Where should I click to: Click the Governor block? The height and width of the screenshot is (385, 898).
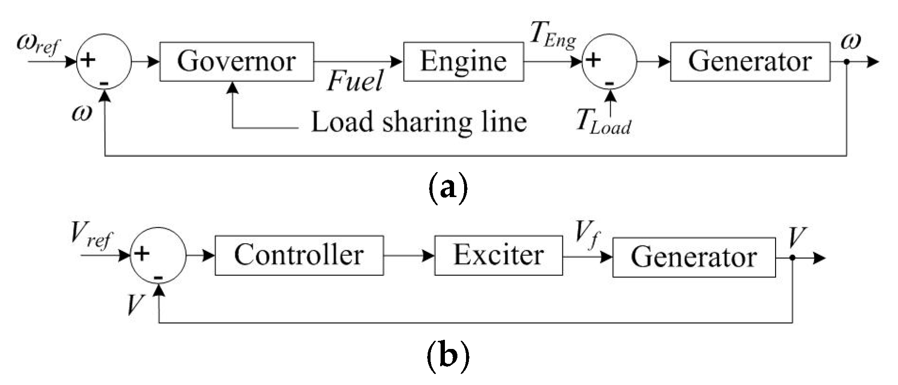pyautogui.click(x=236, y=62)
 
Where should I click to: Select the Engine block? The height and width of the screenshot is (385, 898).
pyautogui.click(x=463, y=62)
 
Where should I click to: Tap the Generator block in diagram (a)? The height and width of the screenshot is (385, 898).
pyautogui.click(x=749, y=62)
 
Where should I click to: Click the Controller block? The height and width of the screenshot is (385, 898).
pyautogui.click(x=299, y=255)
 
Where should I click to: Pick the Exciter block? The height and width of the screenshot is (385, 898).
pyautogui.click(x=498, y=255)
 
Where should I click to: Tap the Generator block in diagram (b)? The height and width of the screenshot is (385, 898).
pyautogui.click(x=694, y=257)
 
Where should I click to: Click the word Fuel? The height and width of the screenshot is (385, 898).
pyautogui.click(x=355, y=81)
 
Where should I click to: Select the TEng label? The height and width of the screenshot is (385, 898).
pyautogui.click(x=552, y=36)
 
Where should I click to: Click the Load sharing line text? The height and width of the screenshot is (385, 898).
pyautogui.click(x=419, y=122)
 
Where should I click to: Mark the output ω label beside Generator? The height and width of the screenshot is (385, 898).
pyautogui.click(x=851, y=42)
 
